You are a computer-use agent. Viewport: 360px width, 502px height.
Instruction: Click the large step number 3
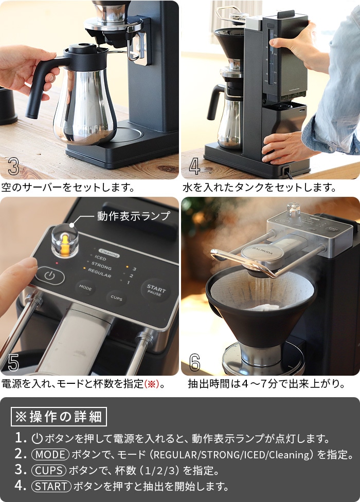point(13,166)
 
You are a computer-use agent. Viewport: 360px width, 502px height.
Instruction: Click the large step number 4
point(194,166)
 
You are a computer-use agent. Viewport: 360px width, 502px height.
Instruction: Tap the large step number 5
point(13,363)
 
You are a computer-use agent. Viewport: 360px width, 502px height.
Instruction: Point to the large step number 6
point(194,362)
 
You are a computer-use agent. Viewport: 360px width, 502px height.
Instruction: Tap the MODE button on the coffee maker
point(85,288)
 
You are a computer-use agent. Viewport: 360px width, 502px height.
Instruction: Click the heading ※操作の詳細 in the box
point(59,416)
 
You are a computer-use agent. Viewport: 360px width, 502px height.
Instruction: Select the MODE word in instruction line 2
point(50,455)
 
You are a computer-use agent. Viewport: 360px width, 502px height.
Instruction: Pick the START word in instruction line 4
point(51,486)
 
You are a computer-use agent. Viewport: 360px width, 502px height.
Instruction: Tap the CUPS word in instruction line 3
point(49,471)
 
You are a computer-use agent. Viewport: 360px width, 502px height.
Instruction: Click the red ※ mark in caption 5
point(151,384)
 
